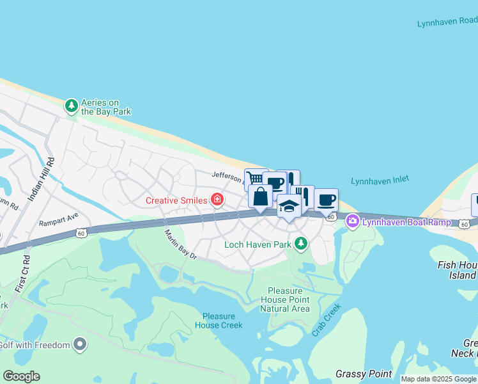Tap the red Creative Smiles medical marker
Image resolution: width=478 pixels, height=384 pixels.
point(218,200)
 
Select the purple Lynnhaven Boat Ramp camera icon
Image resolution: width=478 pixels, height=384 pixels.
point(352,221)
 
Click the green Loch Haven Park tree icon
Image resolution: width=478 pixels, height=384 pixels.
point(300,243)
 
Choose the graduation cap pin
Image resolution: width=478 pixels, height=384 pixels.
point(289,206)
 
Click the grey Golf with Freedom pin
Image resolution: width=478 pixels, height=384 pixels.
point(80,345)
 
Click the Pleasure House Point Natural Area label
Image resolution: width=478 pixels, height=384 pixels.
point(285,300)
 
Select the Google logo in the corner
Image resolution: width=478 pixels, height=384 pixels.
point(21,376)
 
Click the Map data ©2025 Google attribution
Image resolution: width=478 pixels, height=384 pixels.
point(438,379)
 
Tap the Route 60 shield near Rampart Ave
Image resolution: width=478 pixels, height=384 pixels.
point(80,234)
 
